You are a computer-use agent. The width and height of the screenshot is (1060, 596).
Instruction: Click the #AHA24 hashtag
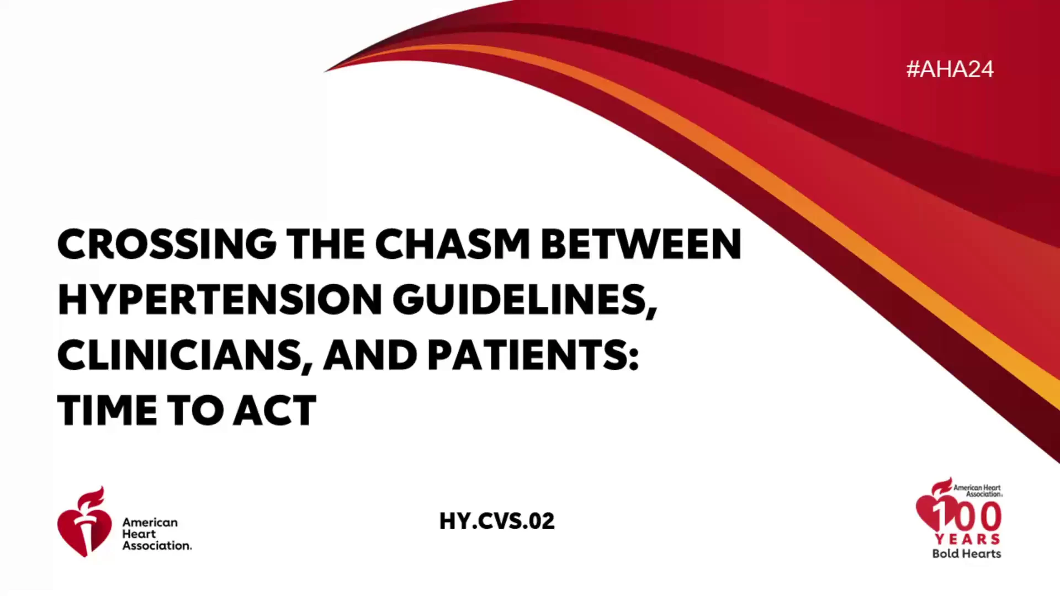click(950, 69)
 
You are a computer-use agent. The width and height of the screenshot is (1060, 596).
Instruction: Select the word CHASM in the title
click(453, 244)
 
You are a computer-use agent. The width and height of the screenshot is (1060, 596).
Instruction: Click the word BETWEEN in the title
click(641, 244)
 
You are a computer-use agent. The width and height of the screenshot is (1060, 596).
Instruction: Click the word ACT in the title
click(274, 411)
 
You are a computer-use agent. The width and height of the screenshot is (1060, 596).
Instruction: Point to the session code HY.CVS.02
click(497, 521)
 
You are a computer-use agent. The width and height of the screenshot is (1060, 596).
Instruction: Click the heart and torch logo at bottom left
click(84, 522)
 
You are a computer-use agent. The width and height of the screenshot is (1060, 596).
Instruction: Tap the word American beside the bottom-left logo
click(150, 522)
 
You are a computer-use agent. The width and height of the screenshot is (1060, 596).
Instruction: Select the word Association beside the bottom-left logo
click(157, 545)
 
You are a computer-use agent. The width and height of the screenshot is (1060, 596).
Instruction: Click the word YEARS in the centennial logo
click(967, 539)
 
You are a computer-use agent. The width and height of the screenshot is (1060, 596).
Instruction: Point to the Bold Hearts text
click(967, 554)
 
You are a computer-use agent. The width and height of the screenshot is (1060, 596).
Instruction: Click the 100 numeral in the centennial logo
click(967, 515)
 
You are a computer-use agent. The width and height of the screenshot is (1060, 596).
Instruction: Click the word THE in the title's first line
click(325, 244)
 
